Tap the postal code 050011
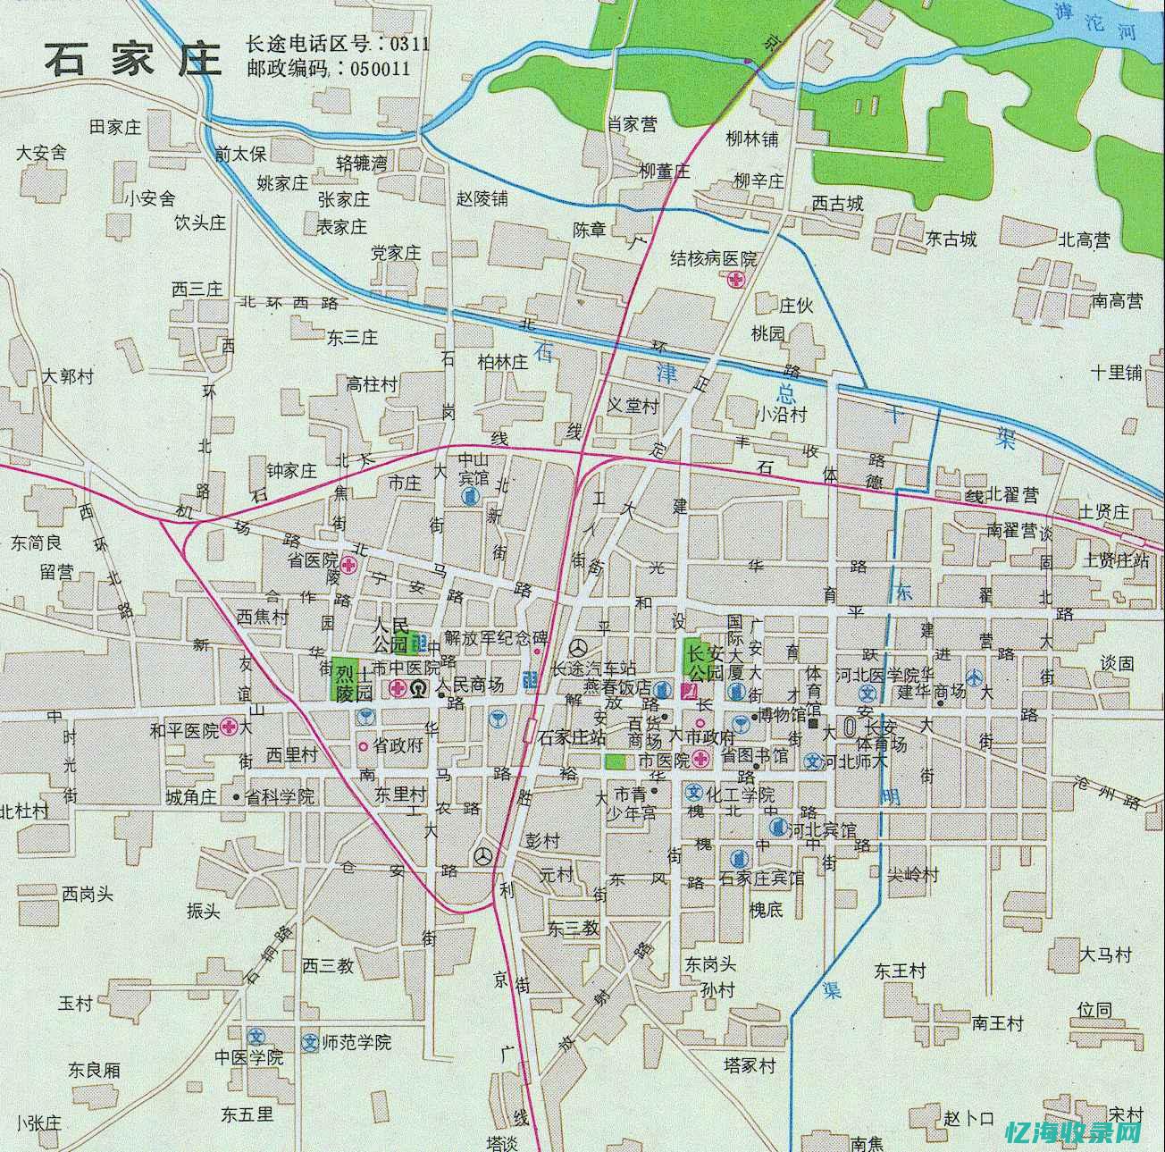click(381, 68)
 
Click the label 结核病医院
click(713, 259)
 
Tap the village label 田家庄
click(115, 127)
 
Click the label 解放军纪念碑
click(495, 637)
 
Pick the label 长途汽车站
click(593, 668)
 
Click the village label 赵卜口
click(968, 1118)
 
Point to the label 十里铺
click(1116, 373)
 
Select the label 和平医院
click(183, 730)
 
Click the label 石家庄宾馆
click(761, 878)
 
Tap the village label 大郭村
click(67, 376)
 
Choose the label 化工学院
click(740, 794)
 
